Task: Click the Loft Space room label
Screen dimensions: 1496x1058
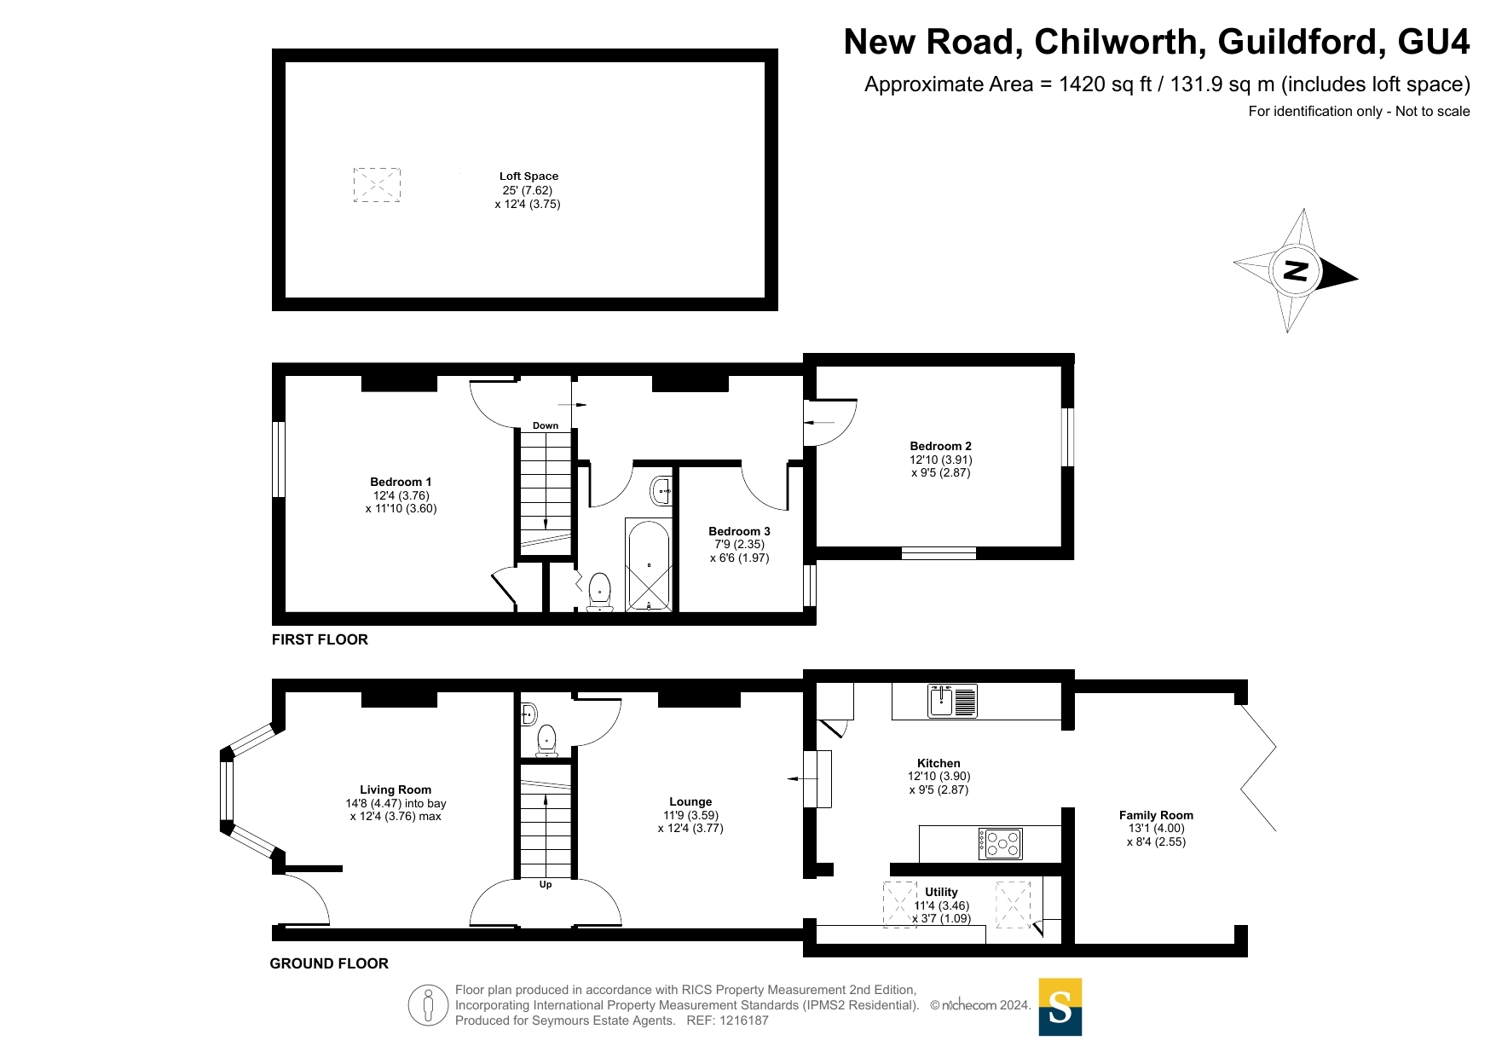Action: tap(529, 176)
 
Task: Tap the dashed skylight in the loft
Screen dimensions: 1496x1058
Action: tap(377, 185)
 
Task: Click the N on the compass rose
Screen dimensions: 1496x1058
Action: tap(1296, 271)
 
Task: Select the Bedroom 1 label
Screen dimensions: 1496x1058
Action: tap(401, 482)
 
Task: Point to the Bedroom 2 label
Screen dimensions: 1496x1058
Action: tap(940, 446)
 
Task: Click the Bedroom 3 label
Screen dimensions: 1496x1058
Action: tap(739, 531)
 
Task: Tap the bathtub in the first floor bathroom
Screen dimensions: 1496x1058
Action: tap(649, 564)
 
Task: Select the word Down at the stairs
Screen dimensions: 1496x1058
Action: tap(546, 425)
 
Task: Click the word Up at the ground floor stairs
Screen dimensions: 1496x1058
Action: tap(546, 885)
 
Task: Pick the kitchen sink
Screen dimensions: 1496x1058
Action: tap(952, 702)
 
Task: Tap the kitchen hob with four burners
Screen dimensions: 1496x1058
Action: tap(1000, 844)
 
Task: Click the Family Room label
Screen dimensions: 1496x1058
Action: tap(1156, 815)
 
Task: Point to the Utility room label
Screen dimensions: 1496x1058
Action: tap(941, 892)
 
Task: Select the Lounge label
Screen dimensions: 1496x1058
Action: tap(690, 801)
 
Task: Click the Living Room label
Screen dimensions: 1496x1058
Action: tap(396, 789)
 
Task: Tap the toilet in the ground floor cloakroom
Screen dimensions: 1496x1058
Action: tap(546, 741)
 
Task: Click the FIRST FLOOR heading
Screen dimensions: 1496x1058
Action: tap(320, 639)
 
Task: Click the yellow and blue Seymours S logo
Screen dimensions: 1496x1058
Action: tap(1060, 1007)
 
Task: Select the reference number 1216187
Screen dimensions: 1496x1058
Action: tap(744, 1020)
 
